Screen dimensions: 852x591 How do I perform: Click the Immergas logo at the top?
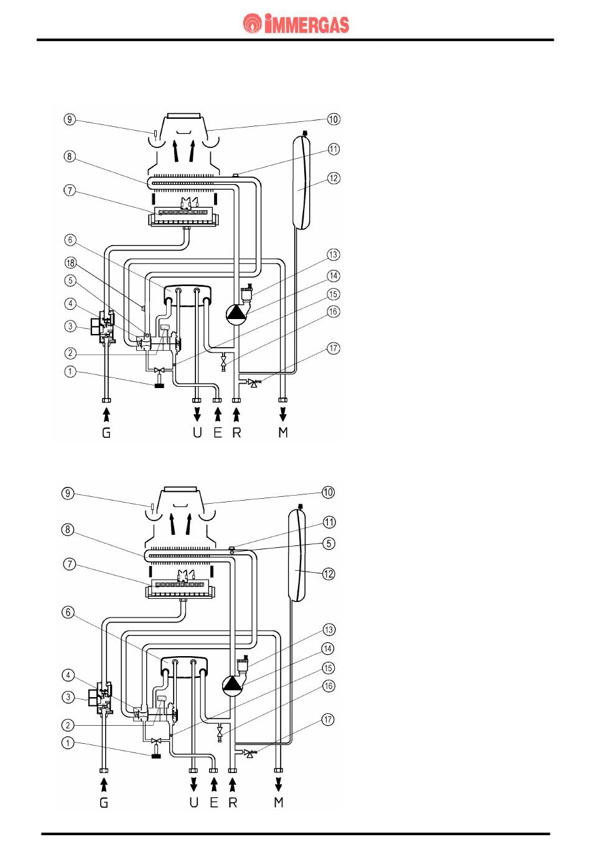(x=296, y=24)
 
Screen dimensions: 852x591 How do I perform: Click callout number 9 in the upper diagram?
(x=70, y=119)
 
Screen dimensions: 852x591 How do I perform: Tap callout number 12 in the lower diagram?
(x=329, y=573)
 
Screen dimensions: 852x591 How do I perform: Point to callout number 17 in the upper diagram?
(x=333, y=348)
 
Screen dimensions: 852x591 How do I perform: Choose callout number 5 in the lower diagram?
(x=329, y=543)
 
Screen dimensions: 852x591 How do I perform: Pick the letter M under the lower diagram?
(x=278, y=802)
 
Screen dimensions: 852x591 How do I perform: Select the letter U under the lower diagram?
(x=194, y=802)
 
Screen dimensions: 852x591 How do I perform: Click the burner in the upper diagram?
(x=186, y=217)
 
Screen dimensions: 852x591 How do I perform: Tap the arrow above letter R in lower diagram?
(x=233, y=783)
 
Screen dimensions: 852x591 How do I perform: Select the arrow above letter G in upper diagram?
(x=106, y=412)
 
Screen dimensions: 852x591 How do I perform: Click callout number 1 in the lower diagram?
(x=70, y=742)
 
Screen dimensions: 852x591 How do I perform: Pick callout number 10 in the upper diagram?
(x=333, y=119)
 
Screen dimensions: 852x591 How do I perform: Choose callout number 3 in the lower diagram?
(x=70, y=697)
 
